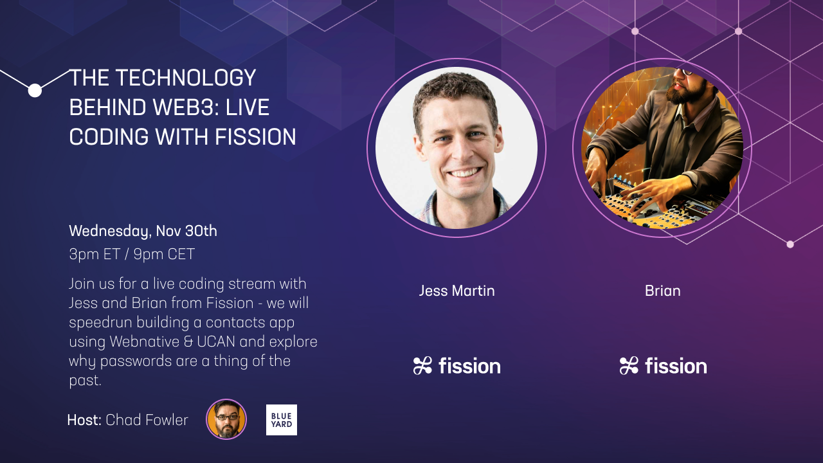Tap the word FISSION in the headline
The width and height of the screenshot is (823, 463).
255,137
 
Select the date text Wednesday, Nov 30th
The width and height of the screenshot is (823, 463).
143,231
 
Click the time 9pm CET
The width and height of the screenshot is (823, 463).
164,254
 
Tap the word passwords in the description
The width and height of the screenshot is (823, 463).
136,361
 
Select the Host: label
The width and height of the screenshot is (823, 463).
84,420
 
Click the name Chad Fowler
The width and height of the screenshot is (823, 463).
147,420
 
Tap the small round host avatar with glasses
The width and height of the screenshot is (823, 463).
226,419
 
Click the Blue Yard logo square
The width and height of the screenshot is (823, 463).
282,420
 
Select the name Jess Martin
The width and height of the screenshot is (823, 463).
457,291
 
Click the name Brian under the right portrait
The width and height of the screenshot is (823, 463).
662,291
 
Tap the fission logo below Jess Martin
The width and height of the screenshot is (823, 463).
457,366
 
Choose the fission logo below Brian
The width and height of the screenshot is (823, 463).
663,366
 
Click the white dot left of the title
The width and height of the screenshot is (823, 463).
35,91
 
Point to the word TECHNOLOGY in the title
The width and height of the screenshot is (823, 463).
186,78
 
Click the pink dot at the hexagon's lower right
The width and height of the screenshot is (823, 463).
790,244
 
